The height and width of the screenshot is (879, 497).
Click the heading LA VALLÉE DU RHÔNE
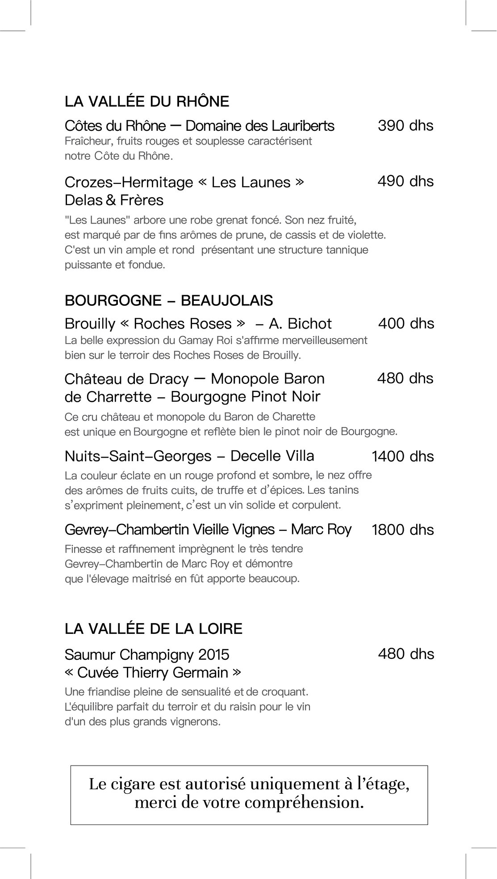point(146,101)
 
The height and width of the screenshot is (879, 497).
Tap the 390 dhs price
point(405,125)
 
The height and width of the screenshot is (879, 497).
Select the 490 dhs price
point(405,181)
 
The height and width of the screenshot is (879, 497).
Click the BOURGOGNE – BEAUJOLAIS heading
point(168,300)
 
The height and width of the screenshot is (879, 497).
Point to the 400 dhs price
point(406,323)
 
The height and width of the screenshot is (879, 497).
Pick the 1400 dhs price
point(402,456)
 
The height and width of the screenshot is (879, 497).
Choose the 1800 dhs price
point(402,529)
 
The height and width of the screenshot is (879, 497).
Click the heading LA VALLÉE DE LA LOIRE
point(153,629)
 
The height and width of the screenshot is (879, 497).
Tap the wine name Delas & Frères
point(114,200)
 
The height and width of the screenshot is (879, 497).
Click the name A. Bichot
point(301,323)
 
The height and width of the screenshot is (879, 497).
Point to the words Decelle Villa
point(272,456)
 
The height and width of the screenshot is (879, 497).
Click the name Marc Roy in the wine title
point(321,529)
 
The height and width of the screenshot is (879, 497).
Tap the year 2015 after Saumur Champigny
point(213,654)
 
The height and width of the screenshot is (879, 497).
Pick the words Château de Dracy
point(126,379)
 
